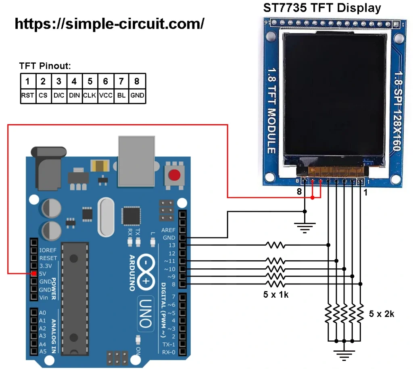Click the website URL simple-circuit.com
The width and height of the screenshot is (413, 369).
(x=109, y=24)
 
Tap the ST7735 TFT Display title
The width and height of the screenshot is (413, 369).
(x=321, y=8)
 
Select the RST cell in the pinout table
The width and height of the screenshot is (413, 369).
(x=27, y=96)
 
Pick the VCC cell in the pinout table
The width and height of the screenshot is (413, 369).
(x=106, y=96)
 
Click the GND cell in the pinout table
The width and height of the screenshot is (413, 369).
(x=137, y=96)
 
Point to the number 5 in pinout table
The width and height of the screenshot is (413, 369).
(x=90, y=81)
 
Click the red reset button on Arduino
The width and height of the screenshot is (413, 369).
(x=174, y=176)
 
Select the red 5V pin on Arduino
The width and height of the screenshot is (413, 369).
(x=34, y=274)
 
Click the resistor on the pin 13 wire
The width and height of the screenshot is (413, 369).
(x=275, y=245)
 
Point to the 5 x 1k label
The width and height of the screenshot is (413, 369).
(x=276, y=294)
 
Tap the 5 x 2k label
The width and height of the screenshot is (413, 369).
(x=382, y=314)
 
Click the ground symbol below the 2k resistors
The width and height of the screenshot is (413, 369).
(x=344, y=355)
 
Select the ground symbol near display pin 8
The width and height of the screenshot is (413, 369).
(x=305, y=228)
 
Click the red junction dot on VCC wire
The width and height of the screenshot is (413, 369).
(x=313, y=198)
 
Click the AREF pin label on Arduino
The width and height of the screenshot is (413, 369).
(x=169, y=230)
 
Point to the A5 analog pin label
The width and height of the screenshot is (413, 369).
(x=43, y=351)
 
